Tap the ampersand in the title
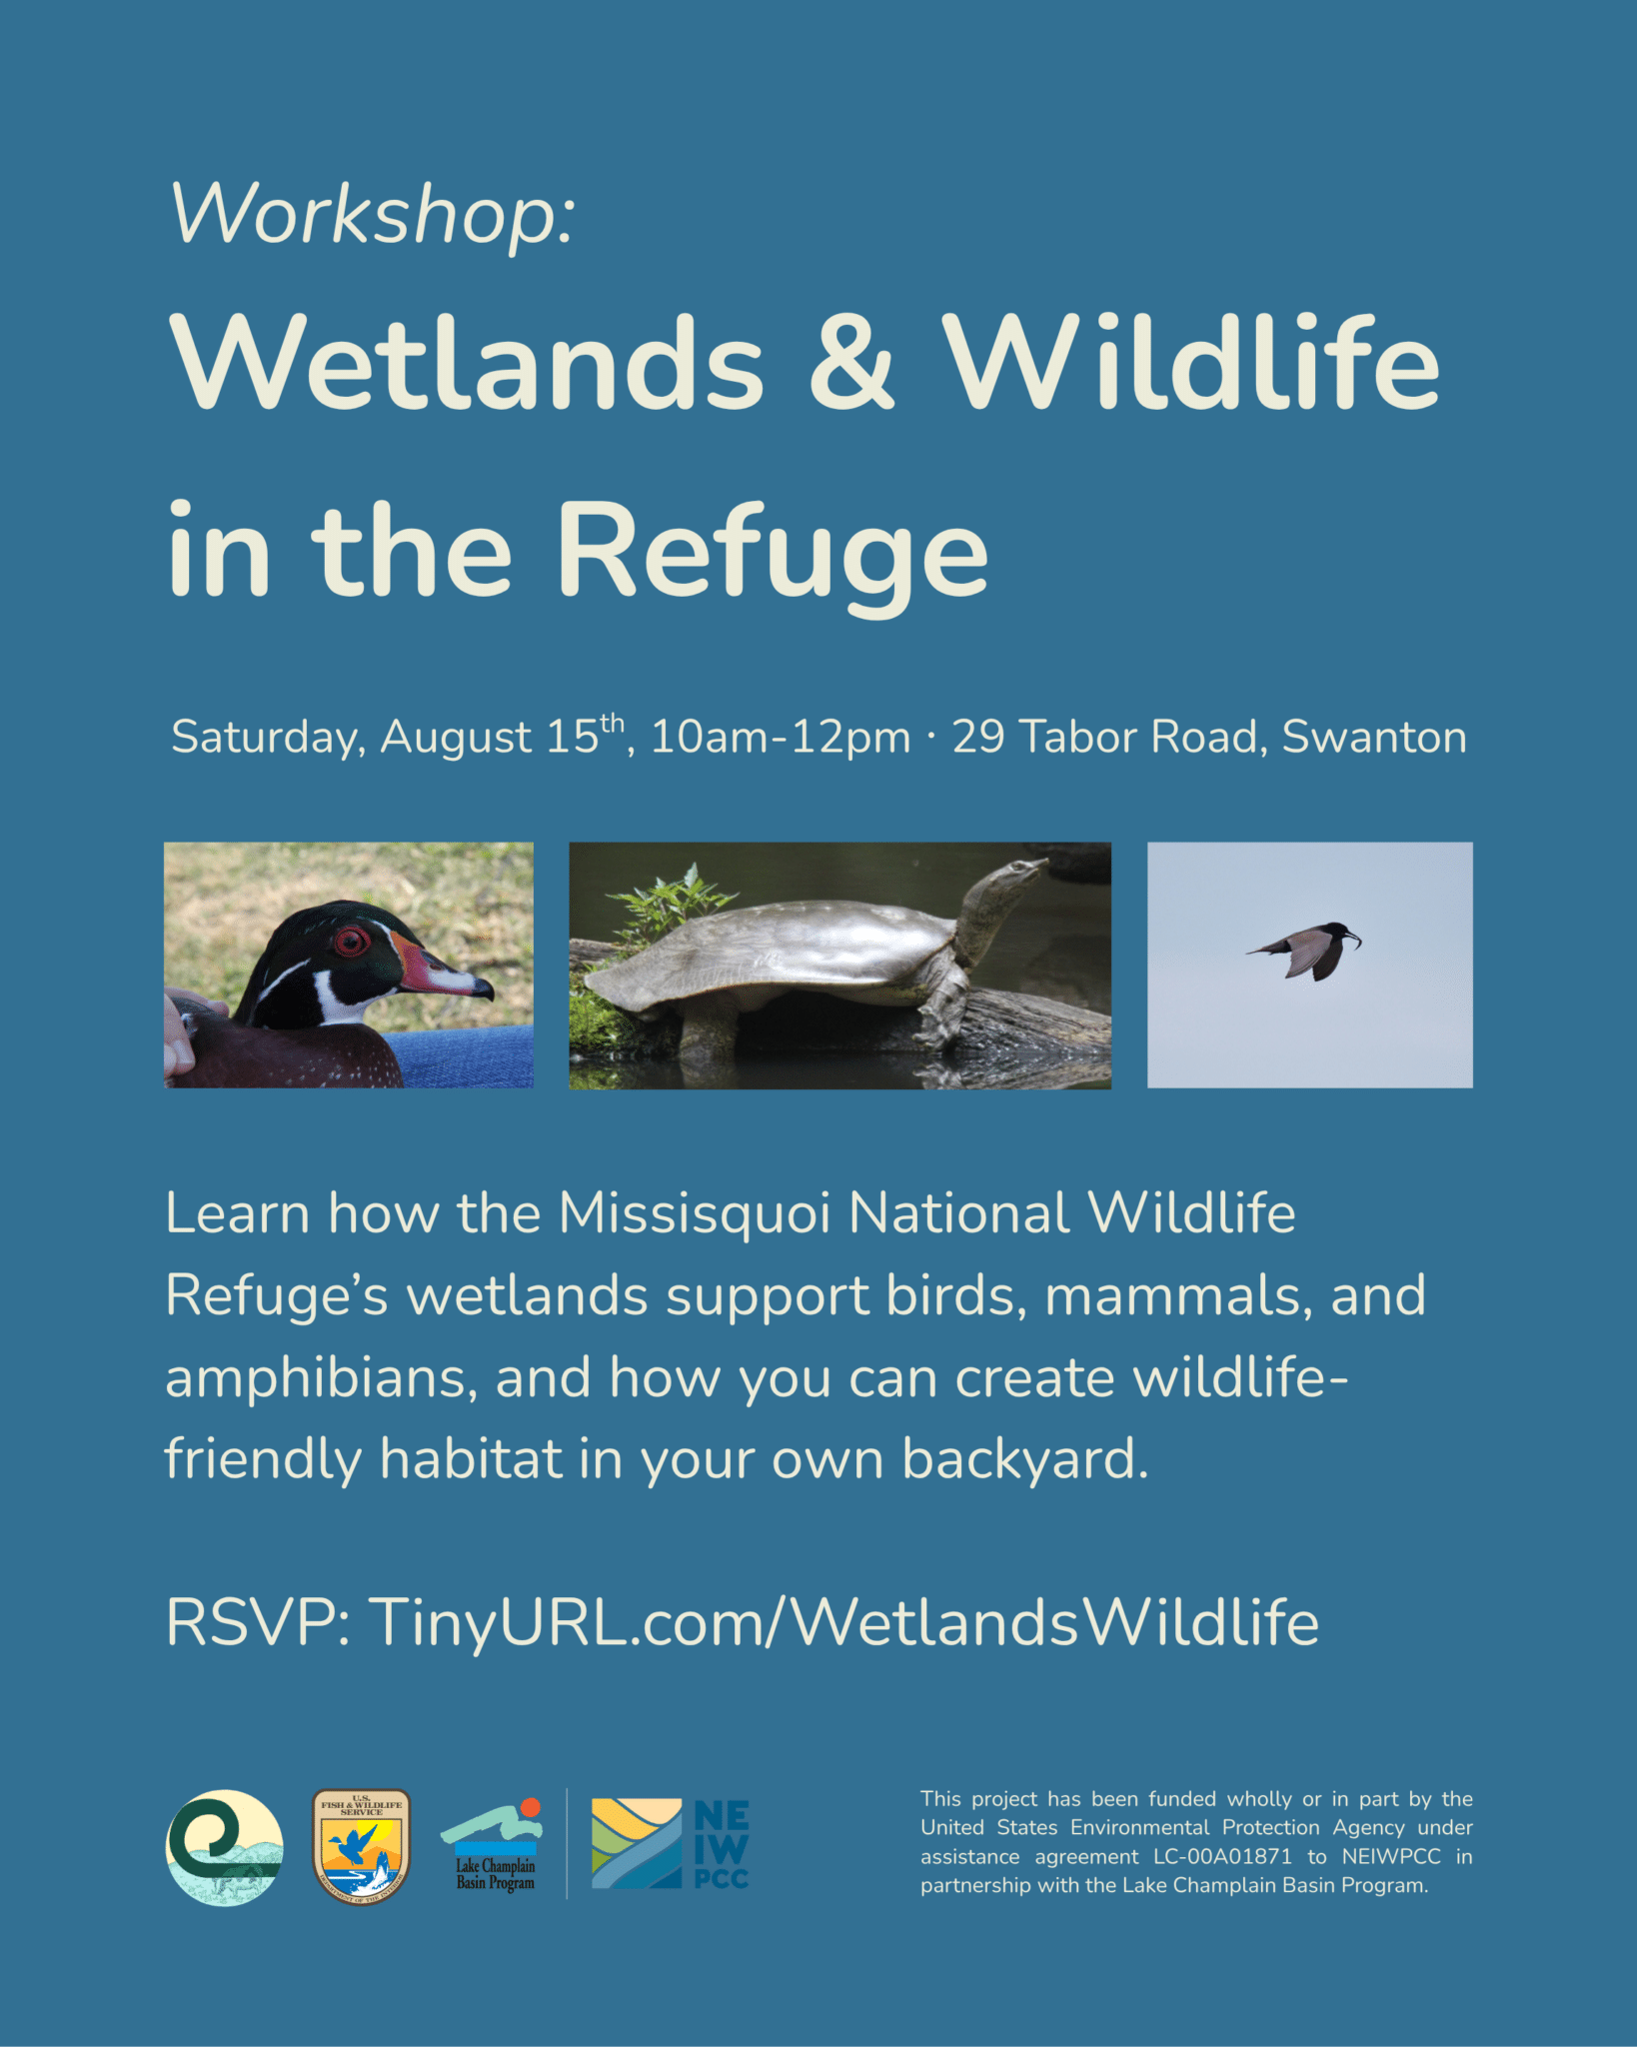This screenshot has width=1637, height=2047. (851, 361)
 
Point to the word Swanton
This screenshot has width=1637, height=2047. (1374, 738)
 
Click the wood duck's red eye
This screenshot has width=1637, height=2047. (351, 941)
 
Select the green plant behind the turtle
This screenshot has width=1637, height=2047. (672, 905)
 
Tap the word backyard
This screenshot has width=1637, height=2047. (1025, 1460)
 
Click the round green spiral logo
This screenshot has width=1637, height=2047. (224, 1847)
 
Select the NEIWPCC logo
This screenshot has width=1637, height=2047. (670, 1844)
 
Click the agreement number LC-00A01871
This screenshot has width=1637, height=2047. (1222, 1857)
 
